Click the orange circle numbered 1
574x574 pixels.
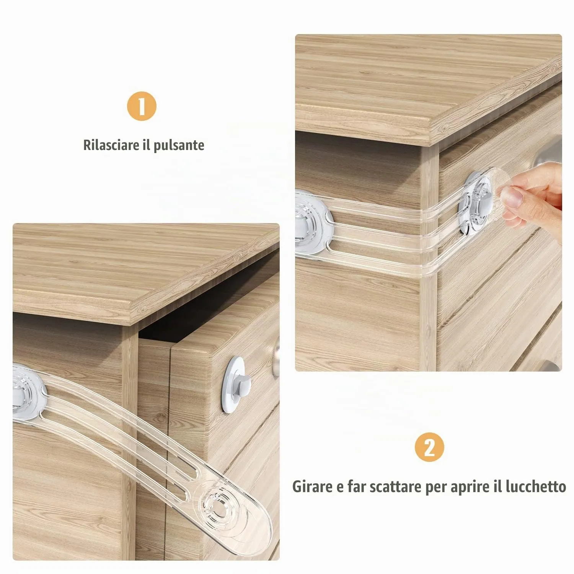click(x=142, y=106)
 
